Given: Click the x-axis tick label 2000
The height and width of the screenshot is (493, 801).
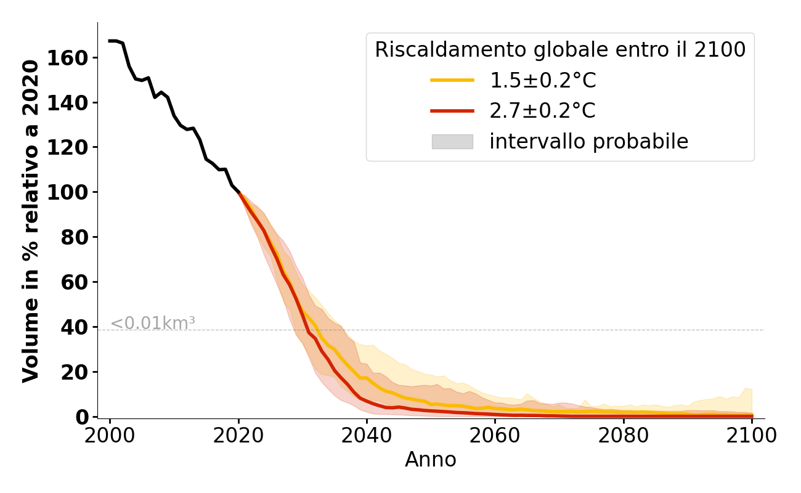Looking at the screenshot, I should (x=110, y=436).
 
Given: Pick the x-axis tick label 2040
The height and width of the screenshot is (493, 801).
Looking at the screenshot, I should (x=367, y=436).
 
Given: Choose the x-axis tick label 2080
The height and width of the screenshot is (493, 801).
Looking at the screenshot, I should (x=624, y=436).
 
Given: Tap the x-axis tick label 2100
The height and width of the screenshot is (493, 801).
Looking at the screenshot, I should (x=752, y=436).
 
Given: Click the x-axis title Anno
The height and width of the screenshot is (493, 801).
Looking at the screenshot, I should (x=431, y=460).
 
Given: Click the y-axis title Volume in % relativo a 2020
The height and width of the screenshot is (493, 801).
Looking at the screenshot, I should (x=31, y=221).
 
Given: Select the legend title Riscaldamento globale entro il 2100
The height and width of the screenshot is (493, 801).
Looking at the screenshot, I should (x=560, y=50).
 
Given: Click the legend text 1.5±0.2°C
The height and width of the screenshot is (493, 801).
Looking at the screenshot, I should (x=543, y=81).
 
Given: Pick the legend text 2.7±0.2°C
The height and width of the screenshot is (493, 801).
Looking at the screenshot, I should (x=543, y=111).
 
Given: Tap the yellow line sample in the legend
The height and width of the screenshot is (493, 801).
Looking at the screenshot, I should (x=452, y=80).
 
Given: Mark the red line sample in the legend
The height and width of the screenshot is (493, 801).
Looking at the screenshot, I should (x=452, y=111).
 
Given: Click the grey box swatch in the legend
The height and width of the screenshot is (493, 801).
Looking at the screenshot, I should (x=452, y=142).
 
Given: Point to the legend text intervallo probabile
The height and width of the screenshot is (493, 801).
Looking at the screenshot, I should (x=588, y=142).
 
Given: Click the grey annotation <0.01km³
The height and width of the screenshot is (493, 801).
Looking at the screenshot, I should (x=153, y=323).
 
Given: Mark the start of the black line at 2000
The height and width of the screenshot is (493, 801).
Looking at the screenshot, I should (x=110, y=41).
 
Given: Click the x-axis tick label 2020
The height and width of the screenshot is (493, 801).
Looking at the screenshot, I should (x=238, y=436).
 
